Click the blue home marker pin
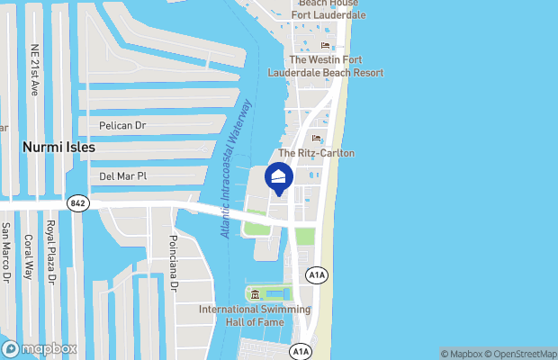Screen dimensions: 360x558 click(x=279, y=178)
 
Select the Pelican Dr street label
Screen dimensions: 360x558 click(x=122, y=126)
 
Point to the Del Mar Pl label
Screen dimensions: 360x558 click(x=122, y=177)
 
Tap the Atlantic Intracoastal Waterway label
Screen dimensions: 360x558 click(x=236, y=169)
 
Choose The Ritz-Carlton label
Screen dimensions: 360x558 click(x=316, y=154)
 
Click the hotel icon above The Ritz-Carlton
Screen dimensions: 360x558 click(x=316, y=138)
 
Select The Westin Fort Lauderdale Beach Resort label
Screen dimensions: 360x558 click(x=325, y=66)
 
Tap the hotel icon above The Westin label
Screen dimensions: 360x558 click(x=324, y=46)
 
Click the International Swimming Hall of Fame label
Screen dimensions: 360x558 click(x=253, y=315)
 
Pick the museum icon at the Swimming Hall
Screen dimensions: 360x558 click(x=255, y=294)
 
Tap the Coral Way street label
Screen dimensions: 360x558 click(x=29, y=257)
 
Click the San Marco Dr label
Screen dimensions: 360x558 click(x=5, y=253)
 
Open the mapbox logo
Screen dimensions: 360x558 click(x=40, y=348)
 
